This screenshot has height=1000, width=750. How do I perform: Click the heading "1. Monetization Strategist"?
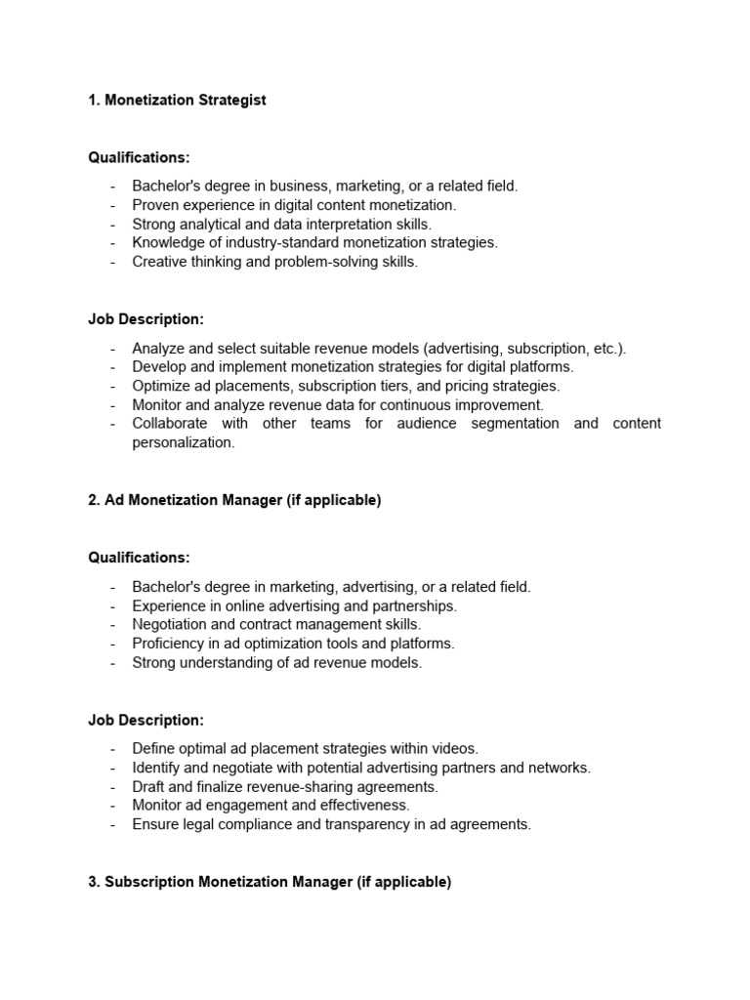(177, 101)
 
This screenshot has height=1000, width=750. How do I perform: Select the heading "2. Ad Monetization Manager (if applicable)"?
(234, 500)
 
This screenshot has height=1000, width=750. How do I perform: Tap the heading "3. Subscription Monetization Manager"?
(270, 882)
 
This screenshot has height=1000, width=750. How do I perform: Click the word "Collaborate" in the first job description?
(170, 423)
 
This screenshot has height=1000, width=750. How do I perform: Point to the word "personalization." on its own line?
(184, 442)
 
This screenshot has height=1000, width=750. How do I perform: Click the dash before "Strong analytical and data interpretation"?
(112, 224)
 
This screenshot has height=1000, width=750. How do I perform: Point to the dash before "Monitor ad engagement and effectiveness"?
(112, 806)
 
